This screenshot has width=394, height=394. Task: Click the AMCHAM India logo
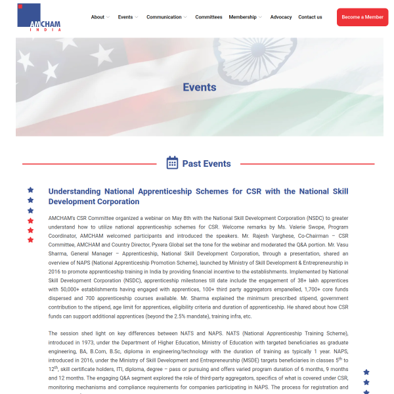click(x=39, y=18)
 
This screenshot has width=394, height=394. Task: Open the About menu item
click(x=98, y=17)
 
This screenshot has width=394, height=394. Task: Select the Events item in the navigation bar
click(x=125, y=17)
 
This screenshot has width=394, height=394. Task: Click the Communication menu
click(x=164, y=17)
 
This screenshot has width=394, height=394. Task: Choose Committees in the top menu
click(x=209, y=17)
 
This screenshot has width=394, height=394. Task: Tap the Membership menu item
click(x=243, y=17)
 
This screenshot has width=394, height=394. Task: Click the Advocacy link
click(x=281, y=17)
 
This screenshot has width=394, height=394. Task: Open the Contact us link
click(x=310, y=17)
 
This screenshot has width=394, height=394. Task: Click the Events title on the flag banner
click(x=200, y=87)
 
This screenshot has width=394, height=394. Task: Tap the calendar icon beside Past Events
click(x=172, y=163)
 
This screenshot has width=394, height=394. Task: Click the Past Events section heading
click(x=207, y=164)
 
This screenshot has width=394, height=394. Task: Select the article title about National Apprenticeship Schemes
click(x=198, y=196)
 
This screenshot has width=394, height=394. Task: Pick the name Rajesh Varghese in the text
click(x=272, y=236)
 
